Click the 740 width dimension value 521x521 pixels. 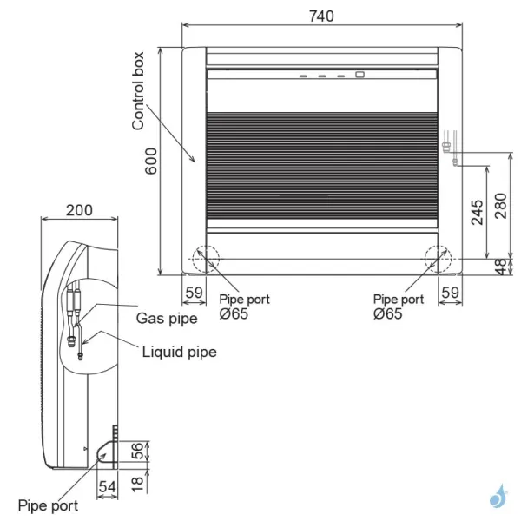coord(320,15)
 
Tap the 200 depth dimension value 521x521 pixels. coord(79,210)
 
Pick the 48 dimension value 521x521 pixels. coord(501,267)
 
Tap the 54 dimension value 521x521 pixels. coord(107,487)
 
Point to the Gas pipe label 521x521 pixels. coord(167,318)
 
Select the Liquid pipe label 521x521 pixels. coord(179,352)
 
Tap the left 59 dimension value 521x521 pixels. coord(194,293)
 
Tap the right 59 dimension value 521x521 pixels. coord(450,293)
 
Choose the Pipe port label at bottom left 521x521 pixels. coord(48,505)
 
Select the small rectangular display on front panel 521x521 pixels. coord(359,75)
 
